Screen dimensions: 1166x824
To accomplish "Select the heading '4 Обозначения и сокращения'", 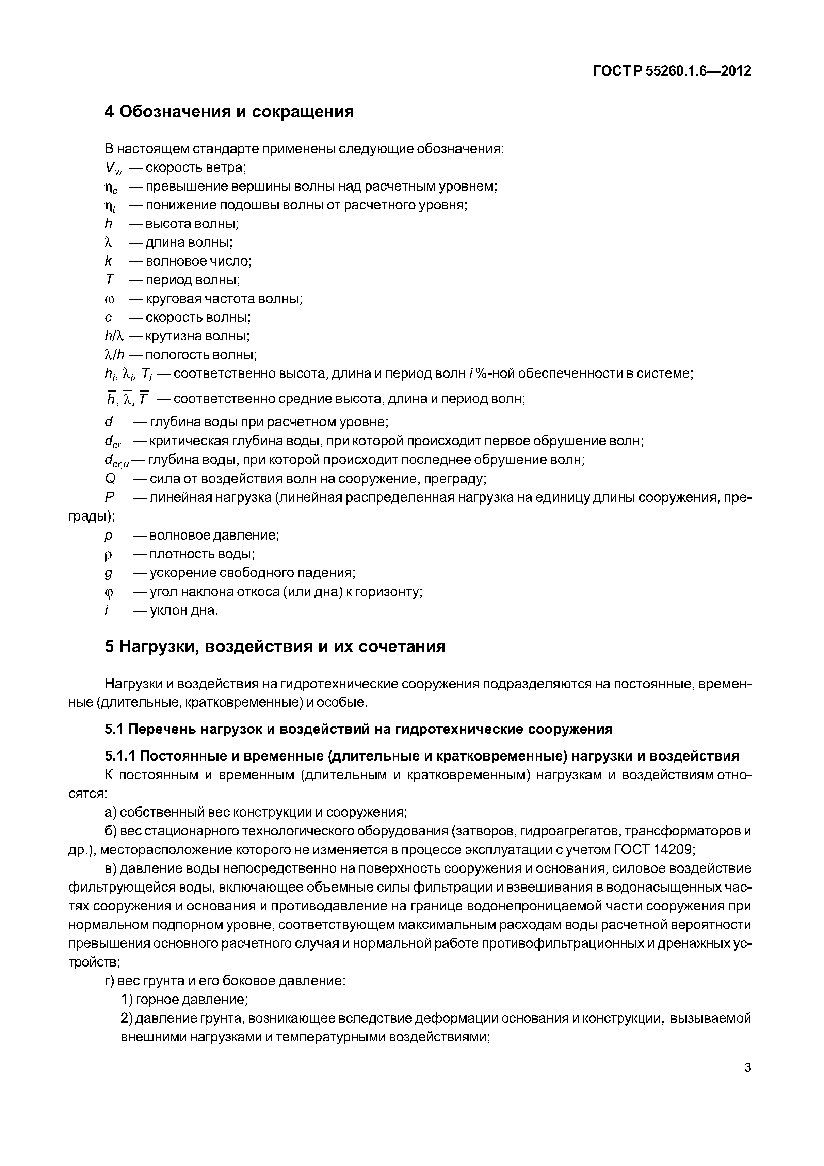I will tap(229, 111).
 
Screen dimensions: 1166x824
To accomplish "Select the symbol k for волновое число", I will tap(108, 261).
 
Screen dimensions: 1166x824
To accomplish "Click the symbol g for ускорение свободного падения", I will tap(108, 573).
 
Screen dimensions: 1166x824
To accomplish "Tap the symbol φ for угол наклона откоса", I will tap(109, 592).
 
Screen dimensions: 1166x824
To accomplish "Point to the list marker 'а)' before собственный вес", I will tap(111, 812).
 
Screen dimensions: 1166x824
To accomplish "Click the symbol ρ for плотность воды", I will tap(108, 555).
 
